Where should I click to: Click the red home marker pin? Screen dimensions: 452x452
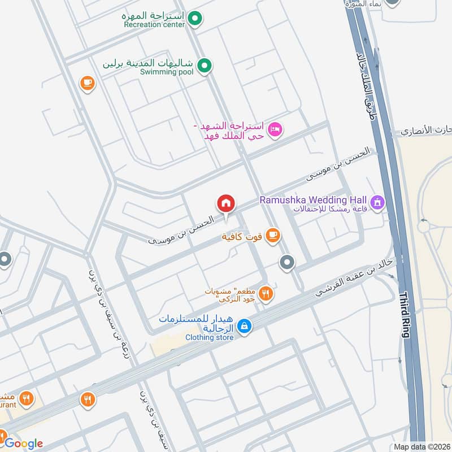click(225, 203)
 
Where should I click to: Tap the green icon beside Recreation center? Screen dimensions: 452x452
click(195, 20)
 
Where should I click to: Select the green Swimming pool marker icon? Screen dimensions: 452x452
click(206, 66)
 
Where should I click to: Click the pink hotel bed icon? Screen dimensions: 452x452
click(274, 129)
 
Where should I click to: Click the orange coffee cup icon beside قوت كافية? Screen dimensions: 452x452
click(272, 234)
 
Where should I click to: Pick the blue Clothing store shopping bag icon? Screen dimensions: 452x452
click(244, 326)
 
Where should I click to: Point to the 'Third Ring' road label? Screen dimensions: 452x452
click(404, 315)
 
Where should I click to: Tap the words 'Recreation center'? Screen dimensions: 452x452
click(154, 25)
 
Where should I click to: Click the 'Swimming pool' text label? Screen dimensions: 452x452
click(167, 72)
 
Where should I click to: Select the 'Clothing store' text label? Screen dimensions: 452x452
click(210, 337)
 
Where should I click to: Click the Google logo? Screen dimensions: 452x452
click(23, 444)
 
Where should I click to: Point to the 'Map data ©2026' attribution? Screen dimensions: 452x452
click(421, 446)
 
